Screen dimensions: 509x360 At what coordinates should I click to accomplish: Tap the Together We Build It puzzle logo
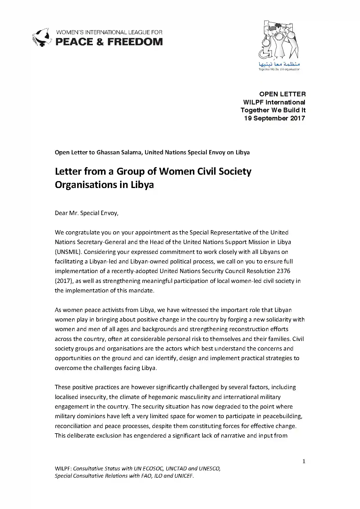pyautogui.click(x=279, y=41)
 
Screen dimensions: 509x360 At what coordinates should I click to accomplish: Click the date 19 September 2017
pyautogui.click(x=274, y=118)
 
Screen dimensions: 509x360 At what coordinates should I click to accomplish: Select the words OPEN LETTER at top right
pyautogui.click(x=282, y=94)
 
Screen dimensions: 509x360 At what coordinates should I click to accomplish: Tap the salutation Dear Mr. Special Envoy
pyautogui.click(x=86, y=213)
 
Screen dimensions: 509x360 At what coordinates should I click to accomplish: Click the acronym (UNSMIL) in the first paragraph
pyautogui.click(x=68, y=252)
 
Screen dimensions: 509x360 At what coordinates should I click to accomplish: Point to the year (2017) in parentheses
pyautogui.click(x=62, y=281)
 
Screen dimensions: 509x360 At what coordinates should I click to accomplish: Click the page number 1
pyautogui.click(x=304, y=462)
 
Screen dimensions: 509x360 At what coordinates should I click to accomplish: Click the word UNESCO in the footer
pyautogui.click(x=209, y=468)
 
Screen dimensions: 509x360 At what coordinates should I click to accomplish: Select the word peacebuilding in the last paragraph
pyautogui.click(x=283, y=416)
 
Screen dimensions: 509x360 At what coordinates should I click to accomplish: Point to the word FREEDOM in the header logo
pyautogui.click(x=135, y=42)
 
